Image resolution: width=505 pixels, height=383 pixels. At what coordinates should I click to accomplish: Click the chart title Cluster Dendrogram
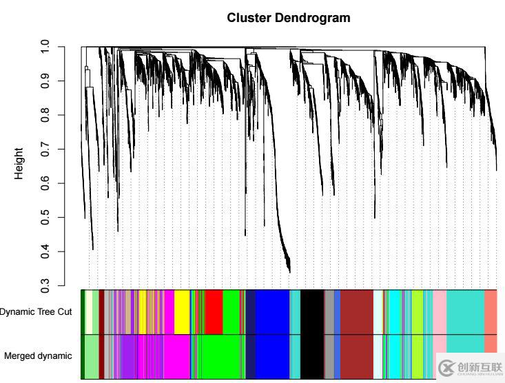(x=289, y=18)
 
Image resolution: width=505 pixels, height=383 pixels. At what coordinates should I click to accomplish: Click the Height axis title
(x=19, y=163)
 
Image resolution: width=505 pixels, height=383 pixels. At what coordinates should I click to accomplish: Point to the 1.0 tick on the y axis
(x=45, y=47)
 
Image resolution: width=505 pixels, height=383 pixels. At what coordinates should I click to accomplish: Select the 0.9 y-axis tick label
(x=45, y=81)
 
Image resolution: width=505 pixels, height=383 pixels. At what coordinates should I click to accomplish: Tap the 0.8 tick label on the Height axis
(x=45, y=115)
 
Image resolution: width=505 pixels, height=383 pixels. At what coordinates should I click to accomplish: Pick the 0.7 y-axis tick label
(x=45, y=149)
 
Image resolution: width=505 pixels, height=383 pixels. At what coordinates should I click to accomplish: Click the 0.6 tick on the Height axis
(x=45, y=183)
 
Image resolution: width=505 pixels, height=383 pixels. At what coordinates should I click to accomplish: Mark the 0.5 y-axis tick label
(x=45, y=218)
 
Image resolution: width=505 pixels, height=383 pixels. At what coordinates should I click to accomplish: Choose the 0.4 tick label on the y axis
(x=45, y=251)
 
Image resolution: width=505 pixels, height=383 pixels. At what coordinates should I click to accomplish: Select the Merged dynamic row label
(x=38, y=356)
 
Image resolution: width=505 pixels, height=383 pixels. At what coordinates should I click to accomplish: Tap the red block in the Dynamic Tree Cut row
(x=214, y=311)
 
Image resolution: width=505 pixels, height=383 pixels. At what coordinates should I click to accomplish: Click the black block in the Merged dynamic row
(x=312, y=356)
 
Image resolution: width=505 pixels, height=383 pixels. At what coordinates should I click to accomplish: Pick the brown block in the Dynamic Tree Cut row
(x=357, y=311)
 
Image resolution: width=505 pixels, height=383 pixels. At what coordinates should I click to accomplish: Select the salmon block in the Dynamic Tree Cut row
(x=491, y=311)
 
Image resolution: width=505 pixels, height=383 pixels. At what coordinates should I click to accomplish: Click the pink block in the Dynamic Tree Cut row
(x=440, y=311)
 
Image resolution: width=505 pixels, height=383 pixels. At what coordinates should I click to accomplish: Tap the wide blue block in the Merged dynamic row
(x=272, y=356)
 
